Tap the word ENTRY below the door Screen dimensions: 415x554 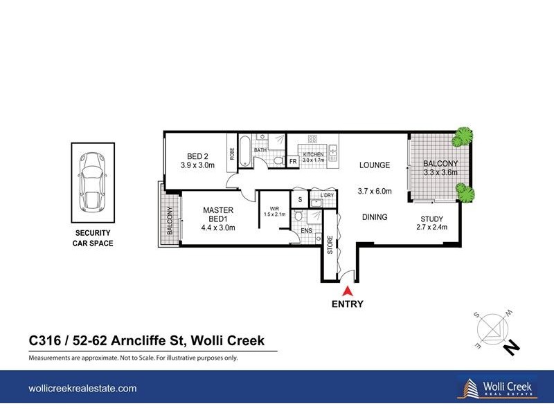[347, 304]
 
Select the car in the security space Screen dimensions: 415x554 [92, 183]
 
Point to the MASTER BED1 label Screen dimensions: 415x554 [218, 214]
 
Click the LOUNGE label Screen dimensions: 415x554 [374, 166]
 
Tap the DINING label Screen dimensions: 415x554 [374, 217]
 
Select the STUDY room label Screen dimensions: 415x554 [432, 221]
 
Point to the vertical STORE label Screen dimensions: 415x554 [330, 245]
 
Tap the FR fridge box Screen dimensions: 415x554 [293, 162]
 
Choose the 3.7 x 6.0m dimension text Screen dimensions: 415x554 [375, 192]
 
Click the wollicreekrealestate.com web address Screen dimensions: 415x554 [82, 390]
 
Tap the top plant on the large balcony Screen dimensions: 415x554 [463, 138]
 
